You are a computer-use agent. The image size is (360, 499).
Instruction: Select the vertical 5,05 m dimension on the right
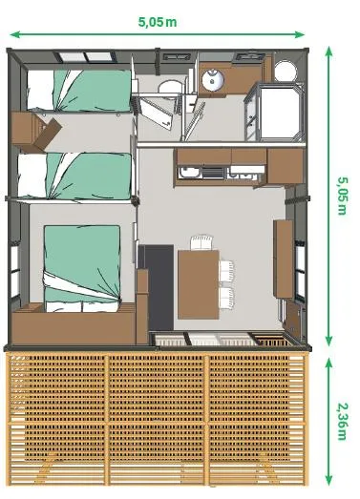[342, 196]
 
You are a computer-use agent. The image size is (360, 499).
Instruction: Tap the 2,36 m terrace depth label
[342, 420]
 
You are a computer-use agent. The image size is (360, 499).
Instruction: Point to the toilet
[170, 91]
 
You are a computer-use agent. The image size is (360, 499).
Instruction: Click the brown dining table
[198, 281]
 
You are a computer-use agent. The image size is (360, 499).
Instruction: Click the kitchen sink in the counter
[190, 174]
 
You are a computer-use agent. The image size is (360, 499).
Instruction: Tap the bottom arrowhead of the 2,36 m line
[330, 482]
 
